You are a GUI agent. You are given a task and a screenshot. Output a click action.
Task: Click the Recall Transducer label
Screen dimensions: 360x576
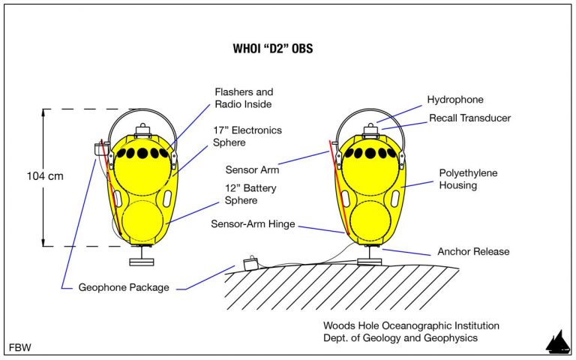coord(469,119)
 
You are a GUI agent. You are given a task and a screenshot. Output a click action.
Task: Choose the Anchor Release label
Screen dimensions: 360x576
coord(472,251)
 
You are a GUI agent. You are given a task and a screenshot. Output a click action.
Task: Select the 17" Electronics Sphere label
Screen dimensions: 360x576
coord(250,136)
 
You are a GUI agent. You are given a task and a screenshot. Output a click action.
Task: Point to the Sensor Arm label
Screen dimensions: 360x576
coord(250,169)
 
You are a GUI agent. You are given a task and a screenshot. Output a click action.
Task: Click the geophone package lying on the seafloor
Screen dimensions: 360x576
coord(250,265)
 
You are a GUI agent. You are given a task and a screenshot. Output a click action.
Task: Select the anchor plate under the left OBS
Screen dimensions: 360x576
coord(140,261)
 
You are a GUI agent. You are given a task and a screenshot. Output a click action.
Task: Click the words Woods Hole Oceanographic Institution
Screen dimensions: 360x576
coord(410,325)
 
